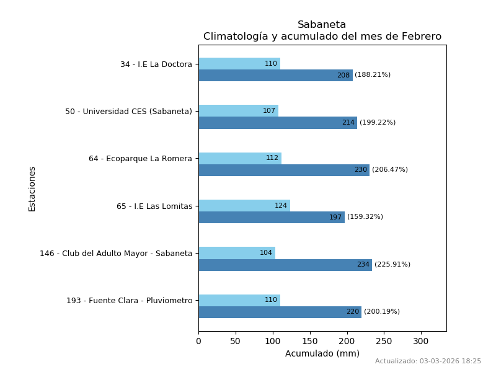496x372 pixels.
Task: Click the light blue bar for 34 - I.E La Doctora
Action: [239, 64]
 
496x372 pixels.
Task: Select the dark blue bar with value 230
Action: [283, 170]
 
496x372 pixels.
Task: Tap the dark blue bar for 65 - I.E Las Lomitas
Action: [271, 218]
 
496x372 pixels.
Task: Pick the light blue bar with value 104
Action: [236, 253]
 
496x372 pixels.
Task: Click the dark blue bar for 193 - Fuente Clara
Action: [280, 312]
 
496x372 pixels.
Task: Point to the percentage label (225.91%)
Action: [392, 265]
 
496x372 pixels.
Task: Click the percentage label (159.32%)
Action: [365, 217]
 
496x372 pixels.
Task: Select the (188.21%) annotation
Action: [373, 75]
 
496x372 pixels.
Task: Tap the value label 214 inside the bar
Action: [348, 123]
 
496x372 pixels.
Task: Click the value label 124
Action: [281, 206]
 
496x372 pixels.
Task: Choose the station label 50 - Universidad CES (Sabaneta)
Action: [128, 112]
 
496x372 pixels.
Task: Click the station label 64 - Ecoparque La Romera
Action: [140, 159]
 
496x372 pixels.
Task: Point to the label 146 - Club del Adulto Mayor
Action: [116, 254]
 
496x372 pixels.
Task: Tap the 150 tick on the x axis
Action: [310, 341]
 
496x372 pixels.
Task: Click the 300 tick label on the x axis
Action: [421, 341]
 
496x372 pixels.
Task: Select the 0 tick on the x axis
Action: [198, 341]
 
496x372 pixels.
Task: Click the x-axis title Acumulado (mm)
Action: [322, 353]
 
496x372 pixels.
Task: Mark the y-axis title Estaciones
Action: [32, 188]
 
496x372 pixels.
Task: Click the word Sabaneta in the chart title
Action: [322, 25]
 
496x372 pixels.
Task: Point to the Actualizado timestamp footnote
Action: [428, 361]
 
